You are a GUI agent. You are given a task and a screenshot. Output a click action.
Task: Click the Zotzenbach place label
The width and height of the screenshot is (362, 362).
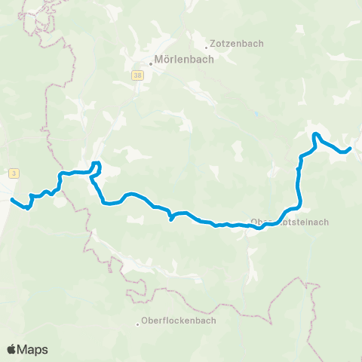pos(238,44)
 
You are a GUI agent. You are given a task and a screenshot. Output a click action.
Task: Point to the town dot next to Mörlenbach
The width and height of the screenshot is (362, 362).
pos(150,63)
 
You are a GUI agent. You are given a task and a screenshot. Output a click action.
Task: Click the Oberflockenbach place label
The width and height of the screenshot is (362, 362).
pos(180,320)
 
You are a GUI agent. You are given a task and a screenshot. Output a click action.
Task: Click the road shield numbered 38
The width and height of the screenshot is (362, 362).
pos(137,75)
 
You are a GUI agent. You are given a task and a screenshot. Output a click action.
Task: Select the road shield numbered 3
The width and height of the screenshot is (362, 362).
pos(14,173)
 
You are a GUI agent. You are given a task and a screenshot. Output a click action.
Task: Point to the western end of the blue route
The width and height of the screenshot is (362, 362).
pos(12,199)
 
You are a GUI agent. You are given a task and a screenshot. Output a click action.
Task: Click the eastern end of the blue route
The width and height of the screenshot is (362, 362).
pos(350,149)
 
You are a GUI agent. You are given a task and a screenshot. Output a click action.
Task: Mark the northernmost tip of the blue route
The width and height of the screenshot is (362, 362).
pos(316,134)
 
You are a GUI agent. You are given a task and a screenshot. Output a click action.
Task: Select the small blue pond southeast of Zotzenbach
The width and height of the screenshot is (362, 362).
pos(257,115)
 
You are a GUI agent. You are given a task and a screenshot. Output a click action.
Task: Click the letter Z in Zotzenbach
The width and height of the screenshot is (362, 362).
pos(214,44)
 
